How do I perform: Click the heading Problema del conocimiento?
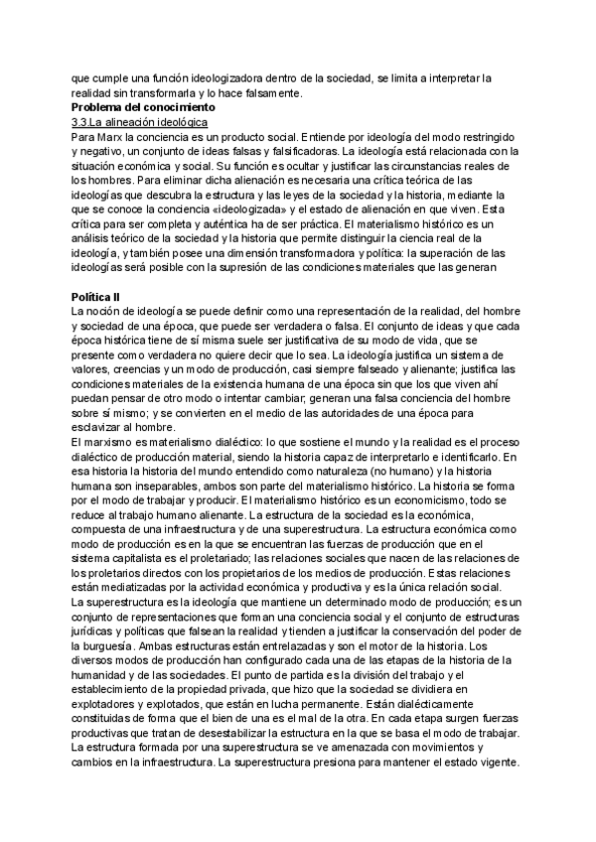point(142,106)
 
